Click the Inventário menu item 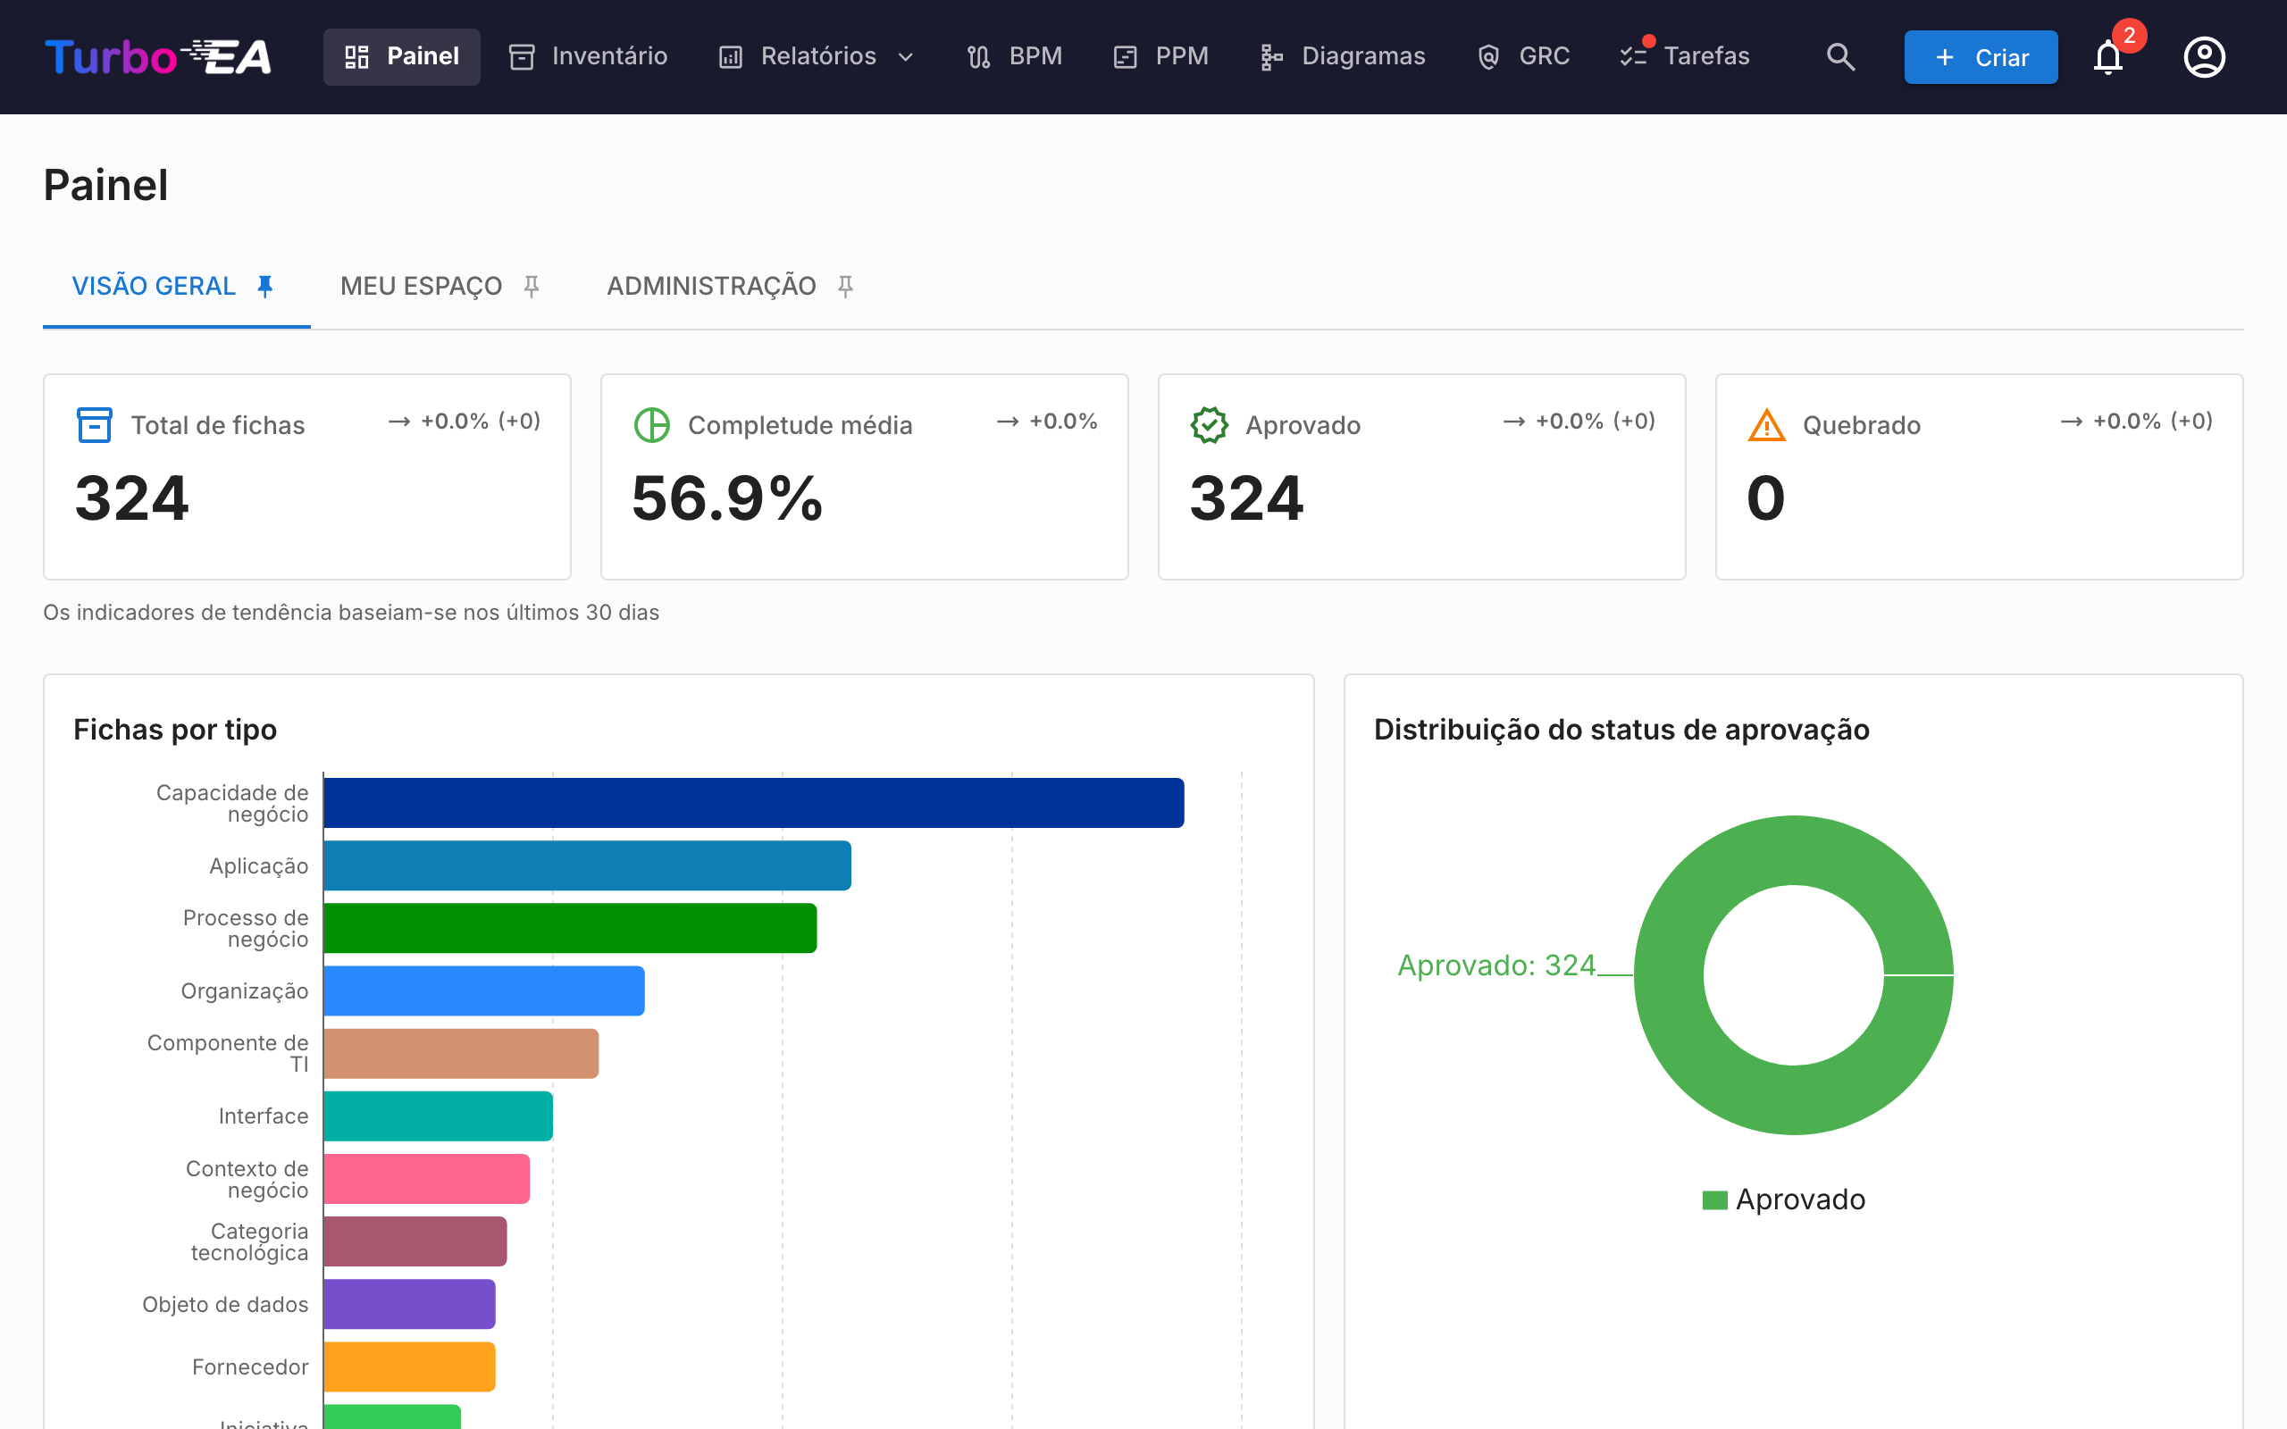pos(588,56)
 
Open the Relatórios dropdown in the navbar pos(817,56)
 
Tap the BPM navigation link pos(1014,56)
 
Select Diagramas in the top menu pos(1342,56)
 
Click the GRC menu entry pos(1523,56)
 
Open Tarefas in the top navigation pos(1685,56)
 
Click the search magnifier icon pos(1840,56)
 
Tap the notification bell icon pos(2107,56)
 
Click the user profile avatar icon pos(2204,56)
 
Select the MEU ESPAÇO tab pos(440,286)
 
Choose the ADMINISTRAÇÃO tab pos(731,286)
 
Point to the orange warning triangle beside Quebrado pos(1766,425)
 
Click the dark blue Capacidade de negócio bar pos(754,802)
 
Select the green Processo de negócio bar pos(570,928)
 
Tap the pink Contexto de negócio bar pos(427,1179)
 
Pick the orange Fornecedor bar pos(409,1366)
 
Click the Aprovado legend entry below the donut pos(1783,1199)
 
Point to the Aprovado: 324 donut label pos(1496,965)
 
